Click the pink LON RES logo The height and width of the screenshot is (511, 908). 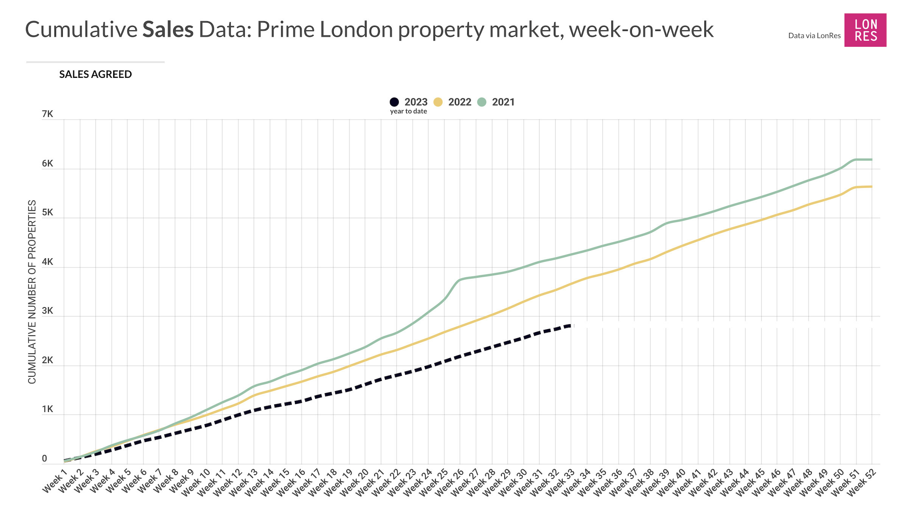[x=865, y=30]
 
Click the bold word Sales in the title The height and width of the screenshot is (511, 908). [x=168, y=30]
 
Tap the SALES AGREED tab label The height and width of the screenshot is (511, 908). [x=95, y=74]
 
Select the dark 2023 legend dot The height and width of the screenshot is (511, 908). [x=394, y=102]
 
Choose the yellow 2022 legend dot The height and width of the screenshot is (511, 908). [x=438, y=102]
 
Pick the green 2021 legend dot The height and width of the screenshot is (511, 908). [x=482, y=102]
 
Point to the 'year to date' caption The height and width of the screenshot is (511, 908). [x=409, y=111]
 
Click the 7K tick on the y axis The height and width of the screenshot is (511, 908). [x=48, y=114]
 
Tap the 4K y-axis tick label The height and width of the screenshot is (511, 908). [x=48, y=262]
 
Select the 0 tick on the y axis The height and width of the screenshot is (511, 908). [x=45, y=459]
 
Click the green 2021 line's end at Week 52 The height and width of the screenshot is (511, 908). [x=872, y=160]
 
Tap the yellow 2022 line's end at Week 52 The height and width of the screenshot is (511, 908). [x=872, y=186]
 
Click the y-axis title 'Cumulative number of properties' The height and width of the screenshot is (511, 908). [x=32, y=292]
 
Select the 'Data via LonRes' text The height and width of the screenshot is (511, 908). [x=814, y=36]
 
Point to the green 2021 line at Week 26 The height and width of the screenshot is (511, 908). [x=460, y=280]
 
